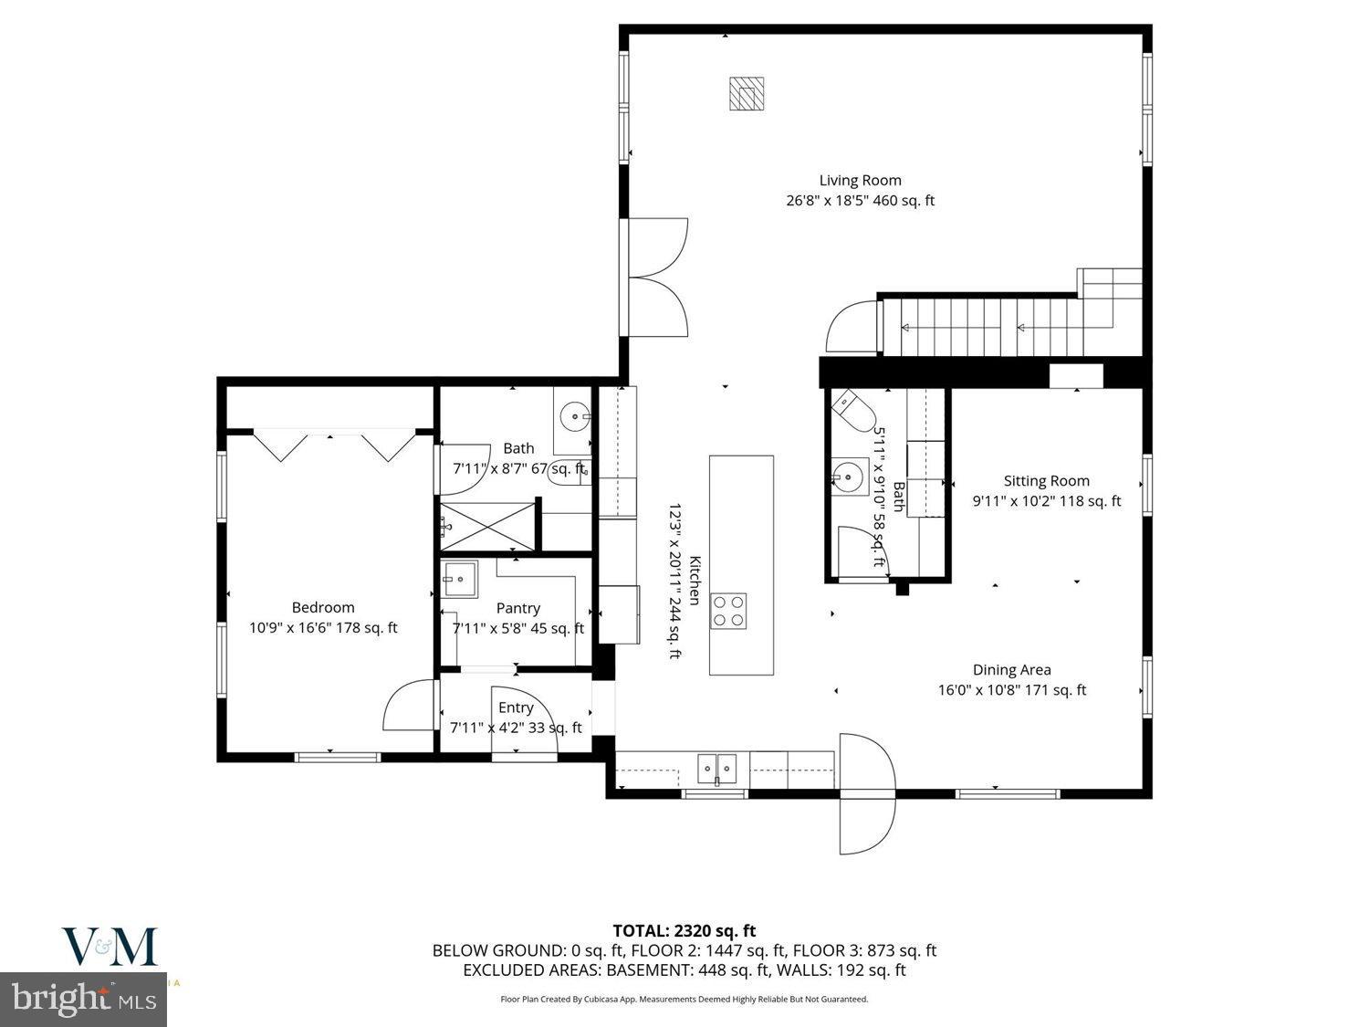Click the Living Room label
coord(860,181)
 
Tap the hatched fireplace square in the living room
coord(746,94)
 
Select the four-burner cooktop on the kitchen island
coord(728,610)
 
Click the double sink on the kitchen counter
coord(717,768)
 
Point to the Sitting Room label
coord(1046,481)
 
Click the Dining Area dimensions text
coord(1011,690)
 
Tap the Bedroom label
coord(323,607)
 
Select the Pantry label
coord(517,608)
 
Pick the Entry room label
coord(516,707)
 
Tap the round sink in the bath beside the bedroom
coord(575,419)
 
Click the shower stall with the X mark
coord(489,524)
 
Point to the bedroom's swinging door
coord(408,706)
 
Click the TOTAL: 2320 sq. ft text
coord(684,931)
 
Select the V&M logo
coord(110,947)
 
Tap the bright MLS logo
coord(84,998)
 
